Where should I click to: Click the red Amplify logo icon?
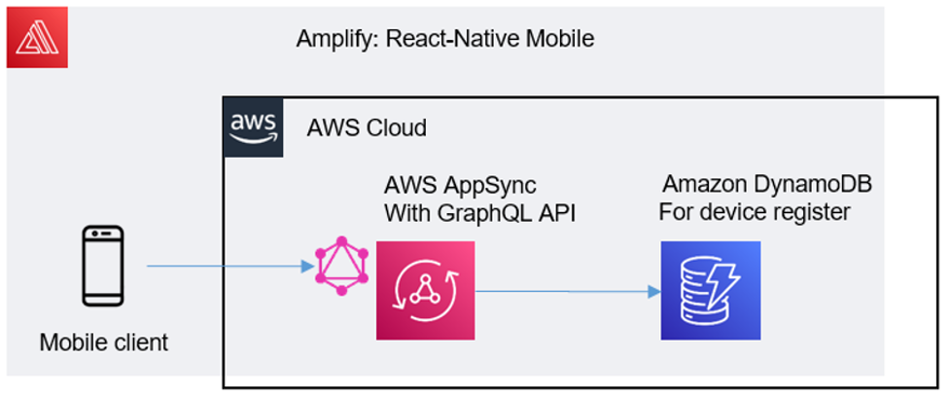37,37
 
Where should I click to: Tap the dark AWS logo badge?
254,126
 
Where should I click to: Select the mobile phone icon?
102,266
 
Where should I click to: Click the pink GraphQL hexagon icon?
338,267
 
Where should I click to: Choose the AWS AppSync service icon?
425,290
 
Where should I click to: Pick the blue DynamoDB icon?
710,290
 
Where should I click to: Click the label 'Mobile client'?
104,343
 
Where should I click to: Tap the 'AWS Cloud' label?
367,127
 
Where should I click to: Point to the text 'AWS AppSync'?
460,185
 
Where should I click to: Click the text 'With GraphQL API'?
480,213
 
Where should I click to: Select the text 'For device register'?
756,212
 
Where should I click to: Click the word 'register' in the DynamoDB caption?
816,213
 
